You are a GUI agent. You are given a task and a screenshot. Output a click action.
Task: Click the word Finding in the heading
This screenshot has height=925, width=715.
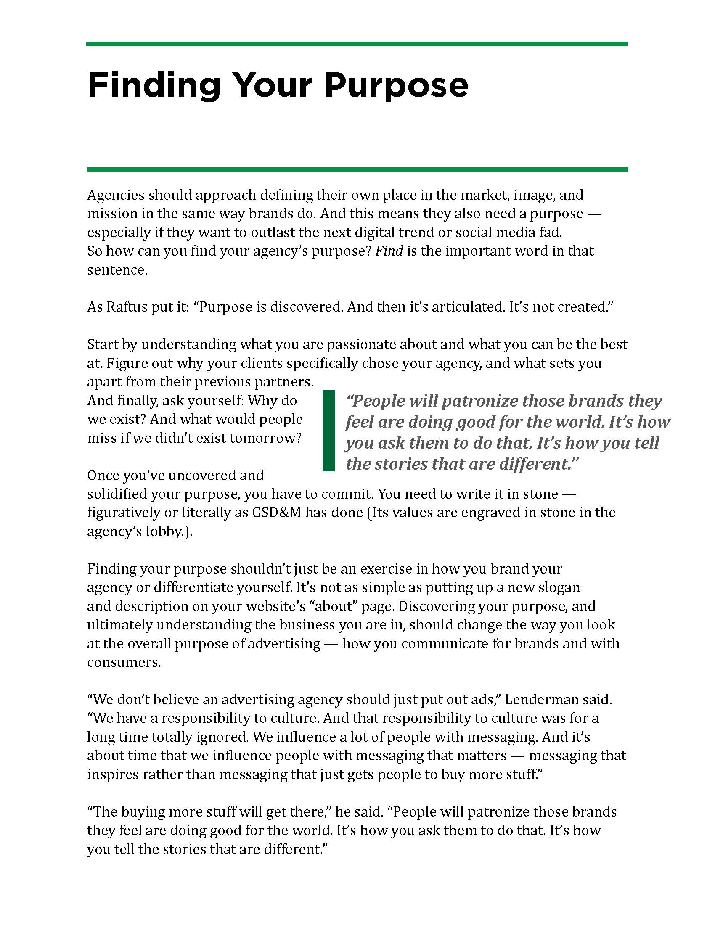pos(154,85)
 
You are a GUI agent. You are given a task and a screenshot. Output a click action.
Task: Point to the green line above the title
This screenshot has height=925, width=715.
pos(357,44)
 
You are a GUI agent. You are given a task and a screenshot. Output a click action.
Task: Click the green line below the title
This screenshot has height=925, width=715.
pos(357,169)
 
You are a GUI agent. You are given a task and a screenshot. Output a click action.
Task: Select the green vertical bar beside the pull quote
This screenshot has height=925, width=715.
pos(328,431)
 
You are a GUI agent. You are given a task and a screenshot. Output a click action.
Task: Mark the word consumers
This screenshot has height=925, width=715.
pos(124,662)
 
